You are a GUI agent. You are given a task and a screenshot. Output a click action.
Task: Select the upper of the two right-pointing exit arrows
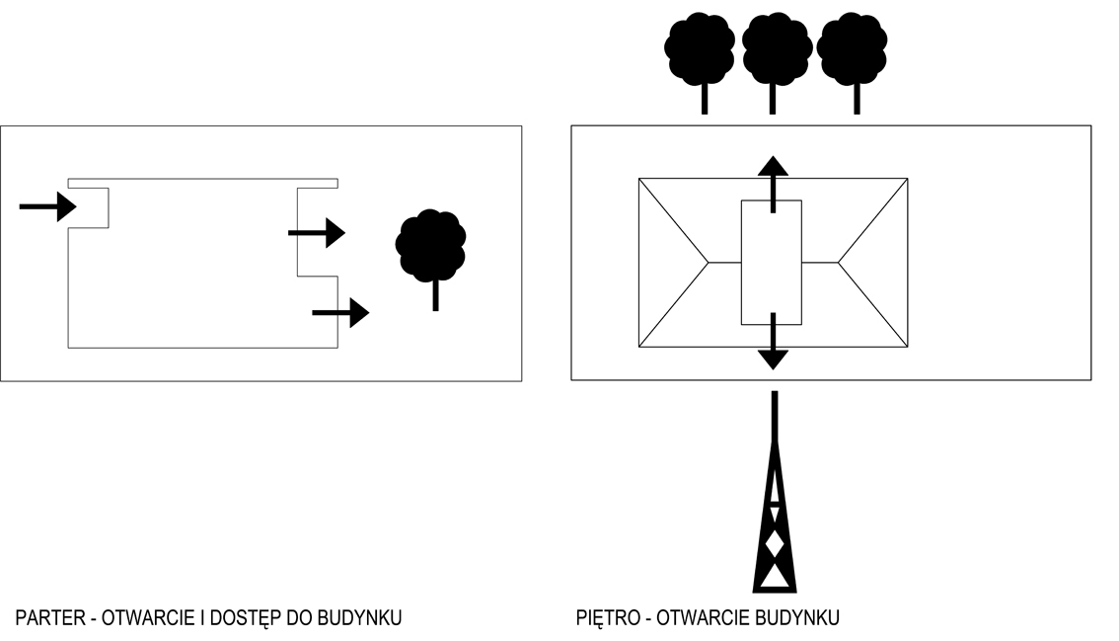317,233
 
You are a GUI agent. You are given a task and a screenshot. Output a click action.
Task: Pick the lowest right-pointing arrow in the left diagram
340,313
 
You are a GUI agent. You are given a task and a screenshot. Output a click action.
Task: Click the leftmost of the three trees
701,49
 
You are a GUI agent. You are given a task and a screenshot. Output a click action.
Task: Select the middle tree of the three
777,49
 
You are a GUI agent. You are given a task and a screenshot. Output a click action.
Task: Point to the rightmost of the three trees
853,49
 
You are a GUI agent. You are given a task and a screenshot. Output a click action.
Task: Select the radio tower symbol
775,514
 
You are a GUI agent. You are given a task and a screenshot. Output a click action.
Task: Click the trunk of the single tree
435,294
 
